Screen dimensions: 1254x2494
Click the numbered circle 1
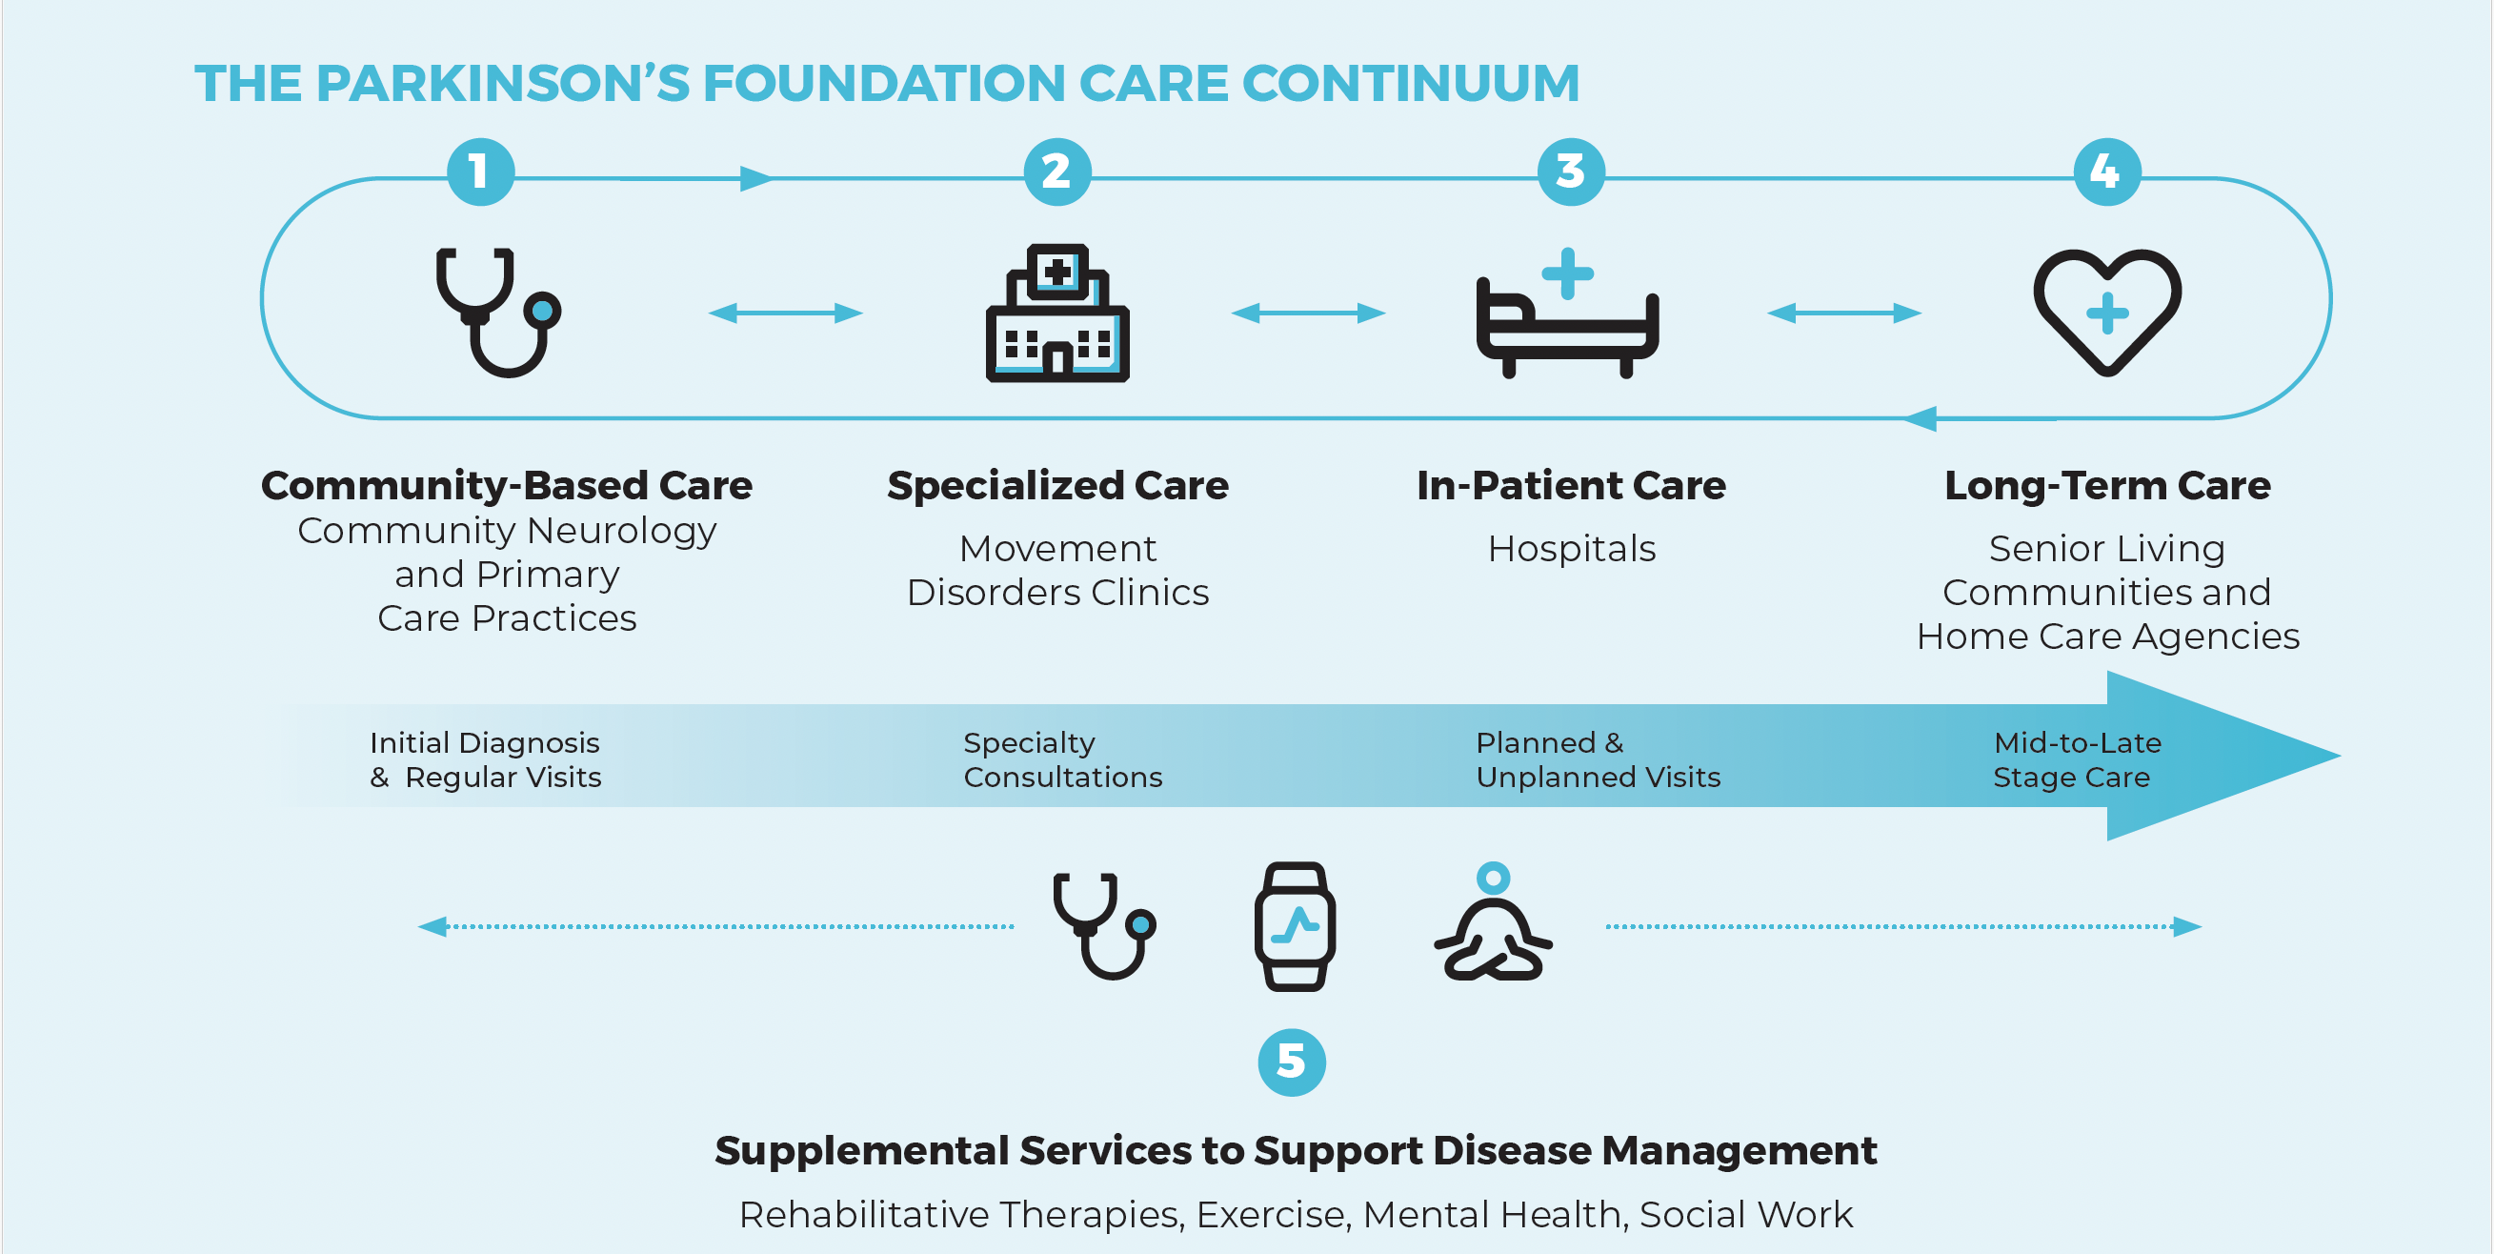coord(480,172)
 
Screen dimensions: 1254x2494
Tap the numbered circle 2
coord(1057,172)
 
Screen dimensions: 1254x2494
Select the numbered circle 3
coord(1570,172)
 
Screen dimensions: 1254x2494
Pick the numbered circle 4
coord(2106,172)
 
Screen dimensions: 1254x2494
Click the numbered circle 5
coord(1292,1062)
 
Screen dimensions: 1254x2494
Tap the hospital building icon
coord(1057,313)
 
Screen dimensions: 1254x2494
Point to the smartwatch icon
coord(1295,926)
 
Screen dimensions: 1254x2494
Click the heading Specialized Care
coord(1057,485)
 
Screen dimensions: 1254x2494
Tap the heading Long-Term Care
coord(2106,485)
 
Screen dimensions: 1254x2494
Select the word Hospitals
coord(1571,549)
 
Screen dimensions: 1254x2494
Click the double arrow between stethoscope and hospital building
coord(785,313)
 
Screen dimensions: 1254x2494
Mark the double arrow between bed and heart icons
coord(1843,313)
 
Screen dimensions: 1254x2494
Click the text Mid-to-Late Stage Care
coord(2076,760)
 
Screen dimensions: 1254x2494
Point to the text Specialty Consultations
coord(1062,760)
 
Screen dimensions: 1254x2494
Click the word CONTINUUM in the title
coord(1411,83)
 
